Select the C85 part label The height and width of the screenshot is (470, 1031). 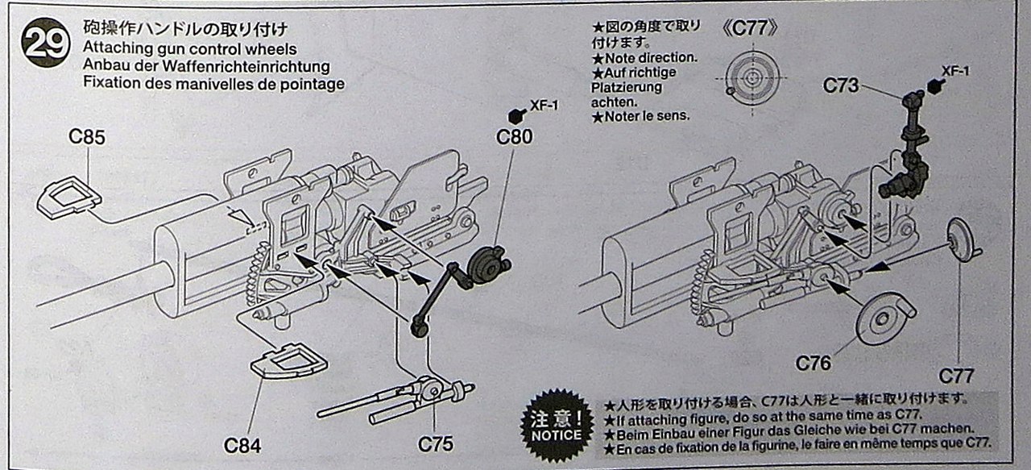tap(87, 138)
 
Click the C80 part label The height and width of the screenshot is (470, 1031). tap(514, 138)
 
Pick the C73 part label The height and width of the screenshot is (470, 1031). tap(841, 85)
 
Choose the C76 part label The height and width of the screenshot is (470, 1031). tap(814, 364)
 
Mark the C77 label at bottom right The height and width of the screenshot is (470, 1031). tap(956, 376)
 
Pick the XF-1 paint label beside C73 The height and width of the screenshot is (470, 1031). tap(955, 72)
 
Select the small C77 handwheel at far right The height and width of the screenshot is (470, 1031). tap(959, 239)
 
